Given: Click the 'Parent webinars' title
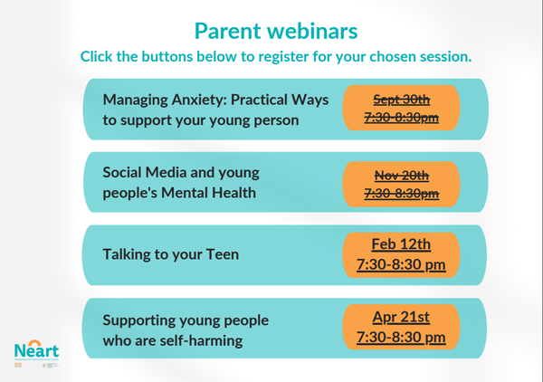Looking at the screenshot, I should pos(276,30).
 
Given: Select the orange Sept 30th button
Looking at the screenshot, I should pos(401,109).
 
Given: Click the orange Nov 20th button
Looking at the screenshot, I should pos(401,184).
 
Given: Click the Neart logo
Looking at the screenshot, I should pos(36,349).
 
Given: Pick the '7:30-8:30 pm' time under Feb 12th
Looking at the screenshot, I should pos(401,264).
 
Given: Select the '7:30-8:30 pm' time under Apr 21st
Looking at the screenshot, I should pos(401,337).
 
